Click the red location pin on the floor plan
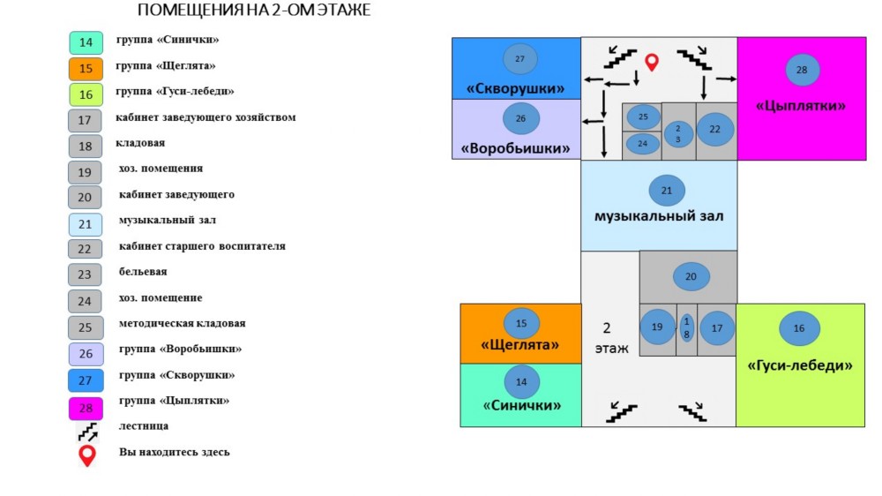tap(652, 62)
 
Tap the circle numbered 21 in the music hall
tap(667, 191)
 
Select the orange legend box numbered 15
tap(86, 69)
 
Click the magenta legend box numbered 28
tap(86, 408)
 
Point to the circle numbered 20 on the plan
tap(691, 276)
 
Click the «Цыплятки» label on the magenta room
tap(801, 105)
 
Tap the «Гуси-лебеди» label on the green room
tap(799, 365)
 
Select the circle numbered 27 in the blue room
tap(519, 58)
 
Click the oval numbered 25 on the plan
tap(643, 116)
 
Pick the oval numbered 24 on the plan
tap(643, 144)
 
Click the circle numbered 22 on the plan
tap(715, 129)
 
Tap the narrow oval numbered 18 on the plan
tap(686, 327)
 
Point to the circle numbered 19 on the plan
tap(657, 327)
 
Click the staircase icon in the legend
tap(87, 432)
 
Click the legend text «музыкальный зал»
tap(167, 220)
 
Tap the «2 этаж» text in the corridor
tap(611, 338)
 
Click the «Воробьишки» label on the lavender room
tap(515, 148)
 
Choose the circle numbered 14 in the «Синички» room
tap(521, 382)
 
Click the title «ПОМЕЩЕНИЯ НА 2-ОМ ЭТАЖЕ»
tap(254, 10)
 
